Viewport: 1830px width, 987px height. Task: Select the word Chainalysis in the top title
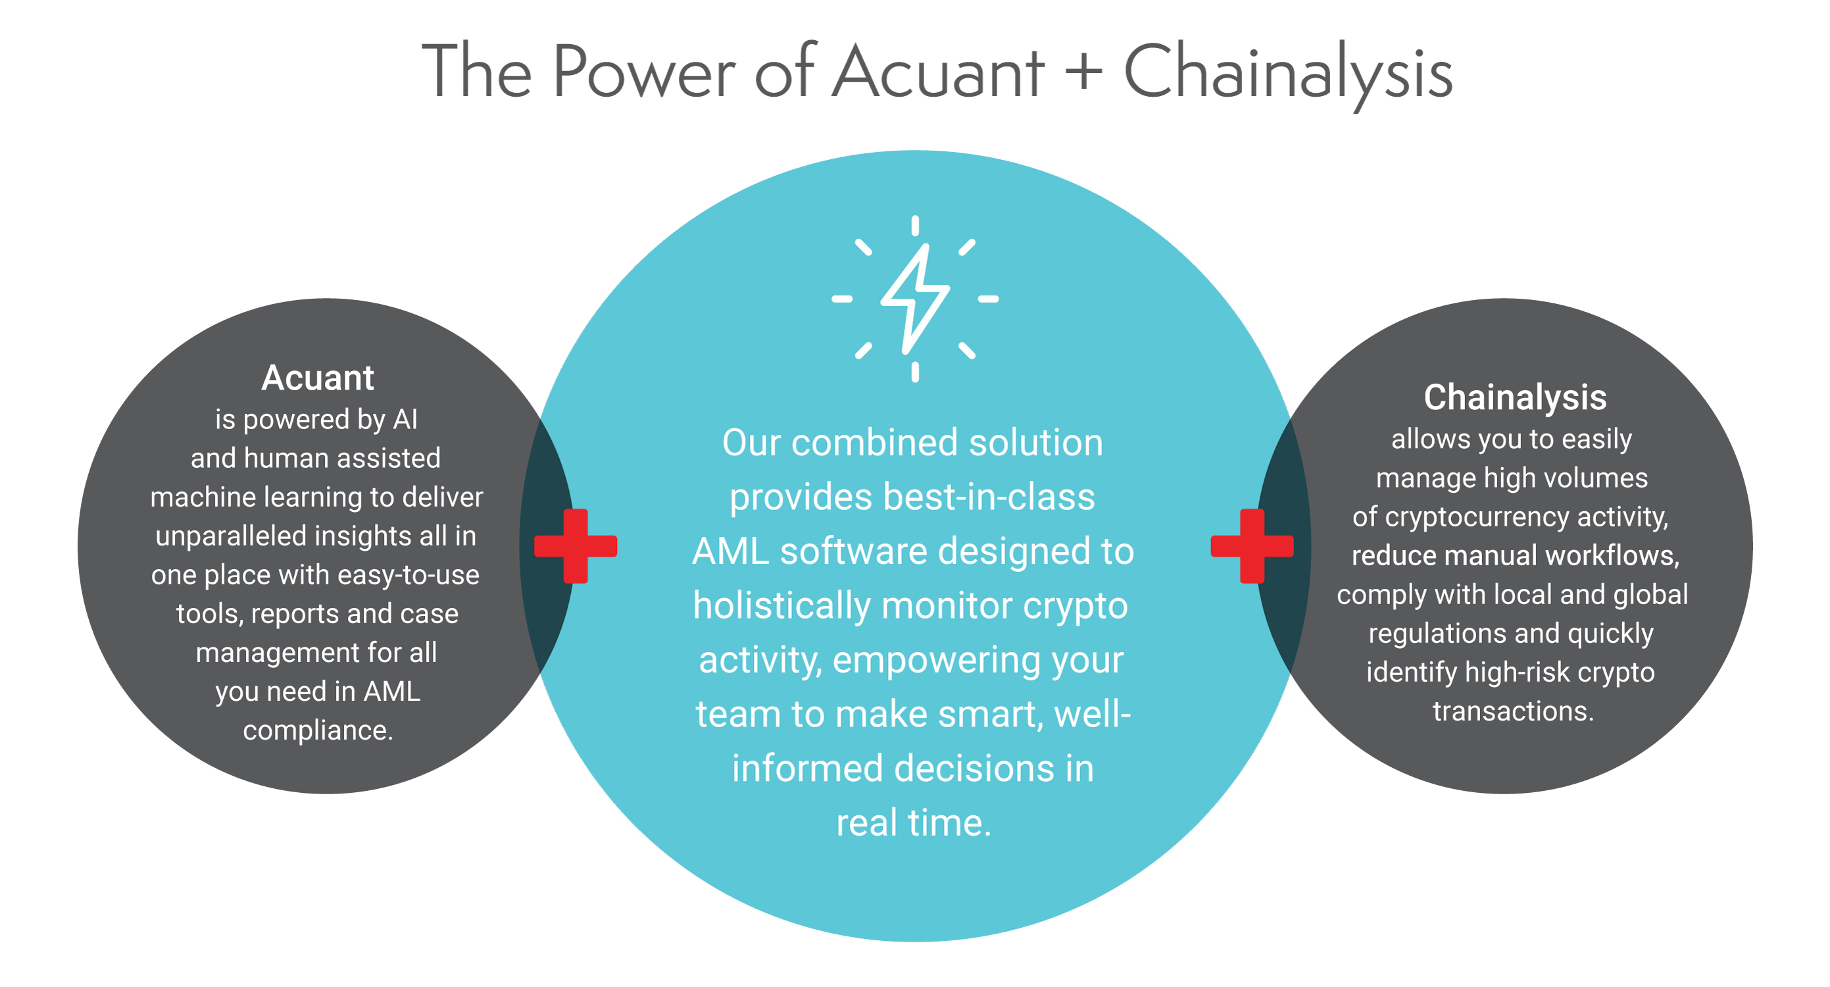pyautogui.click(x=1287, y=74)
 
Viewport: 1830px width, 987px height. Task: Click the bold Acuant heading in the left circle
pyautogui.click(x=318, y=377)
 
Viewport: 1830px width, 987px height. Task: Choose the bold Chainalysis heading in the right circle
pyautogui.click(x=1514, y=397)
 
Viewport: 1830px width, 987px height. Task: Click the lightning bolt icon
pyautogui.click(x=915, y=299)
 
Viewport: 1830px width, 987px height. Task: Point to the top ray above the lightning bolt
pyautogui.click(x=915, y=226)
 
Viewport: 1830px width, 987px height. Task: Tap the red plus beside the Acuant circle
pyautogui.click(x=576, y=545)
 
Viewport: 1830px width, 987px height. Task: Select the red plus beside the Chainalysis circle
pyautogui.click(x=1252, y=545)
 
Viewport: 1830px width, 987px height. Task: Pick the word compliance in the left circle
pyautogui.click(x=318, y=731)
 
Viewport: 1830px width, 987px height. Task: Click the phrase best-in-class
pyautogui.click(x=989, y=497)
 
